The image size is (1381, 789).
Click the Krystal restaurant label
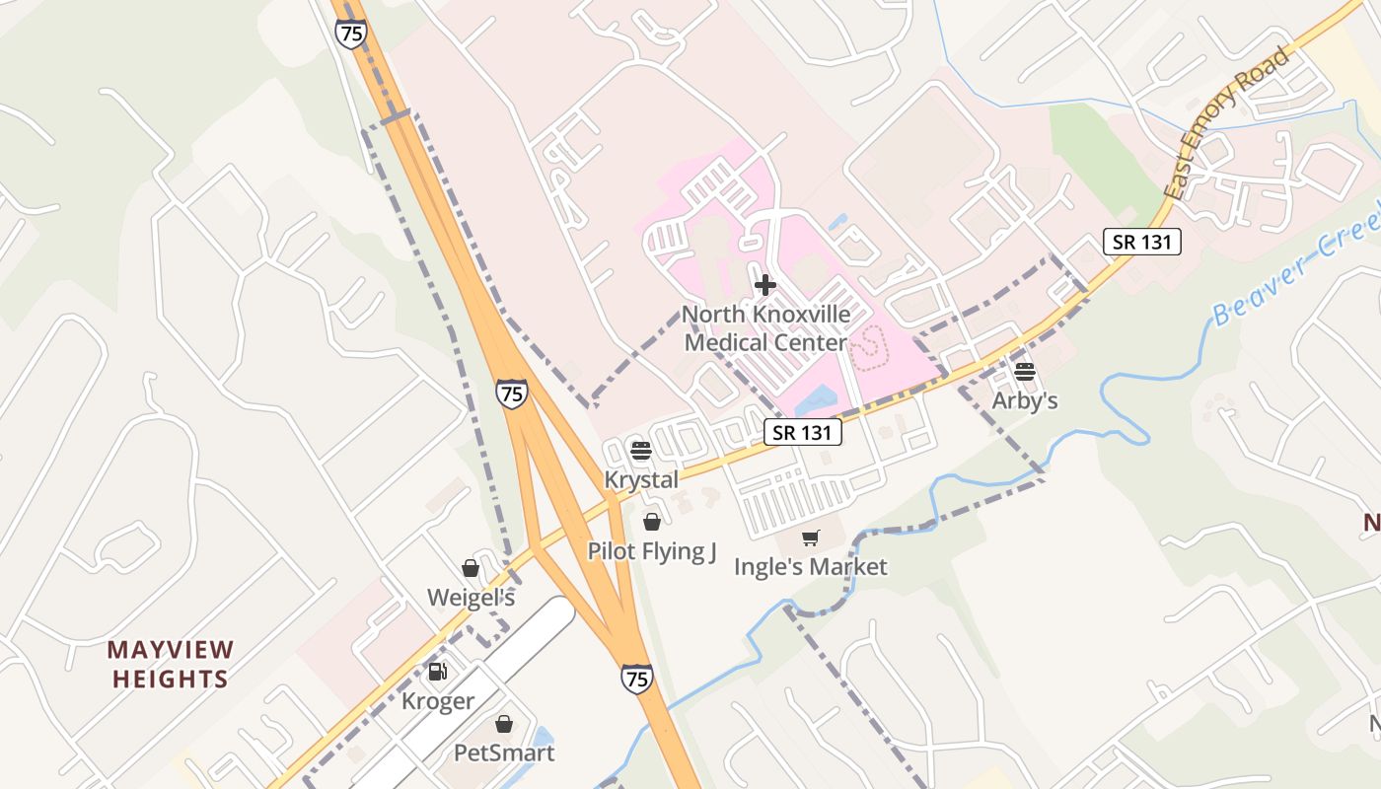pyautogui.click(x=641, y=479)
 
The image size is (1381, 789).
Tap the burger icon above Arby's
pyautogui.click(x=1024, y=372)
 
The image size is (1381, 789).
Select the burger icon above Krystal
pyautogui.click(x=640, y=451)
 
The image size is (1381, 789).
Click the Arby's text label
pyautogui.click(x=1025, y=400)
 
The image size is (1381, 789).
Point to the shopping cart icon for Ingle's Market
pyautogui.click(x=811, y=538)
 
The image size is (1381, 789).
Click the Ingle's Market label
pyautogui.click(x=811, y=566)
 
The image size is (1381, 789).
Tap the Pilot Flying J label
pyautogui.click(x=652, y=550)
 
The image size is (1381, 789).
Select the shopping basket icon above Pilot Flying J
pyautogui.click(x=652, y=522)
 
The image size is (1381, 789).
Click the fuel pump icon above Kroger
pyautogui.click(x=437, y=673)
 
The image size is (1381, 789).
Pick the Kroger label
pyautogui.click(x=438, y=701)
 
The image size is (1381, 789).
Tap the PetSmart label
pyautogui.click(x=504, y=753)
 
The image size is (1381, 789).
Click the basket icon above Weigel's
pyautogui.click(x=471, y=569)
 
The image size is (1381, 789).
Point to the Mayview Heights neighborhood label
pyautogui.click(x=171, y=665)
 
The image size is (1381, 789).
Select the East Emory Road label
pyautogui.click(x=1227, y=122)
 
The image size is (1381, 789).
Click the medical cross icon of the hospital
pyautogui.click(x=764, y=286)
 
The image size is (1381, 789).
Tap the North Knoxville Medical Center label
pyautogui.click(x=765, y=329)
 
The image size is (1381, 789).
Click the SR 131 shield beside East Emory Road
pyautogui.click(x=1142, y=242)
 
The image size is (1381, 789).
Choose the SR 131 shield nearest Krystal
pyautogui.click(x=803, y=432)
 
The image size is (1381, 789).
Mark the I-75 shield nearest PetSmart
pyautogui.click(x=636, y=679)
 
